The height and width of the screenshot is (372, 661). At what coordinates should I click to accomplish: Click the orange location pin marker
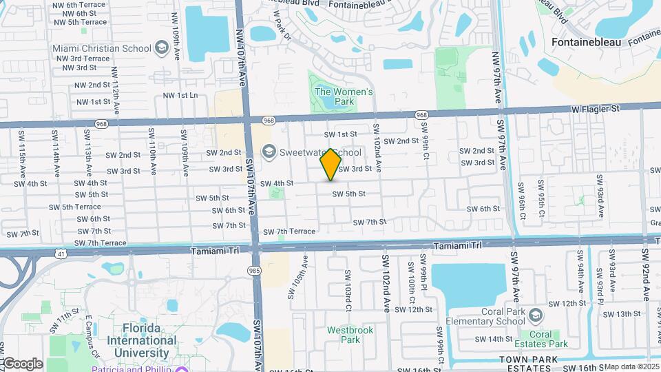point(331,164)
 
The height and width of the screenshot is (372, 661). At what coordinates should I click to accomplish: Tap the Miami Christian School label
point(102,48)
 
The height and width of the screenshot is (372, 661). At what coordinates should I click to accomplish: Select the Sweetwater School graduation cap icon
point(269,152)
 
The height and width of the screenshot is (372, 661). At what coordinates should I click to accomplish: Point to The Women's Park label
point(344,96)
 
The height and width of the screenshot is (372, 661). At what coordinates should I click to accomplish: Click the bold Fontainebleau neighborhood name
point(586,42)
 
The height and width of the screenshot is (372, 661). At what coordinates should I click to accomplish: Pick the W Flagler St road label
point(596,108)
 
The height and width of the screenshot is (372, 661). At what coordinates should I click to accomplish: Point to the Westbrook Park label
point(350,335)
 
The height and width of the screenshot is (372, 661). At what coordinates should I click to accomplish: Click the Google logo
point(22,364)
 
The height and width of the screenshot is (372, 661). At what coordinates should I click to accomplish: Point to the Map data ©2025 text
point(631,366)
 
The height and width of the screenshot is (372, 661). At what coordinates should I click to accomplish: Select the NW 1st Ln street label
point(180,96)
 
